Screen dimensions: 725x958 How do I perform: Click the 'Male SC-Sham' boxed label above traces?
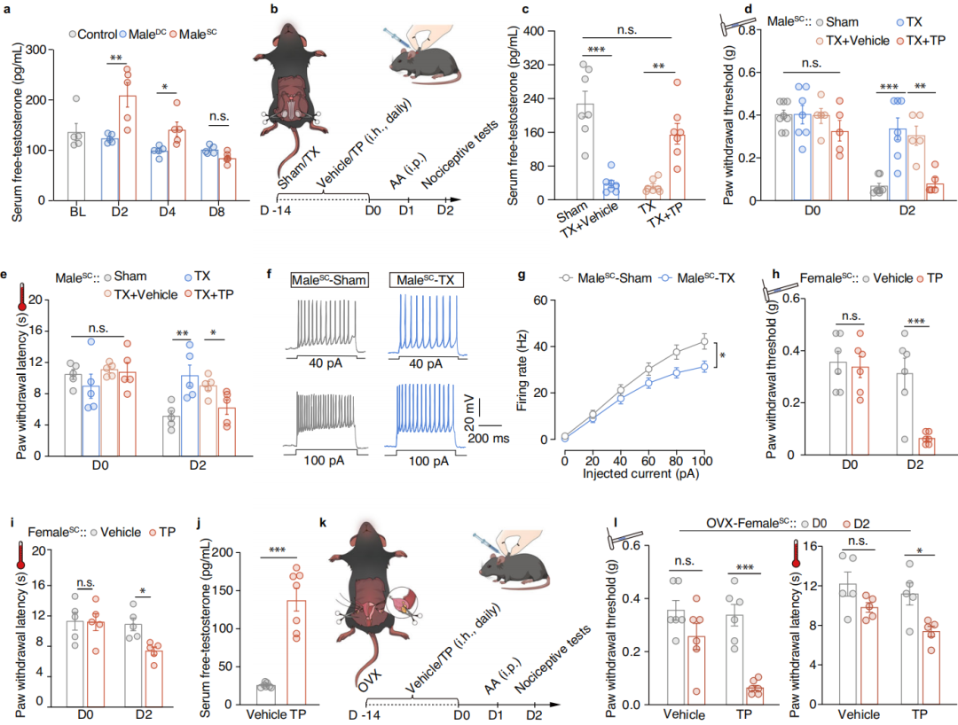click(x=323, y=280)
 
